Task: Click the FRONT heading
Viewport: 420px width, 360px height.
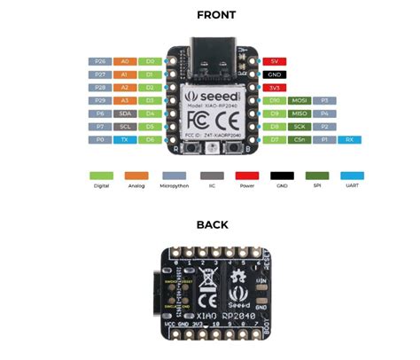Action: coord(210,15)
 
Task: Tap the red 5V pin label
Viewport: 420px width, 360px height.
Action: coord(275,62)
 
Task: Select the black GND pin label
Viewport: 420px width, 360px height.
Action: coord(275,75)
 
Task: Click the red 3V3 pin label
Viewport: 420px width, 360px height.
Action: coord(275,89)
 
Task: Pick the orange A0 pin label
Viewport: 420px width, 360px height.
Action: coord(125,62)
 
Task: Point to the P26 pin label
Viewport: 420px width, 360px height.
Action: coord(99,62)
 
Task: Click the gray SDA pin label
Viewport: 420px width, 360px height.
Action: coord(125,114)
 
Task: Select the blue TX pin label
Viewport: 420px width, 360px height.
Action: coord(125,140)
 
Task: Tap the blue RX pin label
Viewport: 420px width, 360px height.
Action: coord(350,140)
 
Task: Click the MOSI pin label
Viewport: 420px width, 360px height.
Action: coord(299,101)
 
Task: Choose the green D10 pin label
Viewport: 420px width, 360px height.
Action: coord(275,101)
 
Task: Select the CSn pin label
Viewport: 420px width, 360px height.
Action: coord(299,140)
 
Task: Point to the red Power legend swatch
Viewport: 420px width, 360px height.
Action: coord(246,176)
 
